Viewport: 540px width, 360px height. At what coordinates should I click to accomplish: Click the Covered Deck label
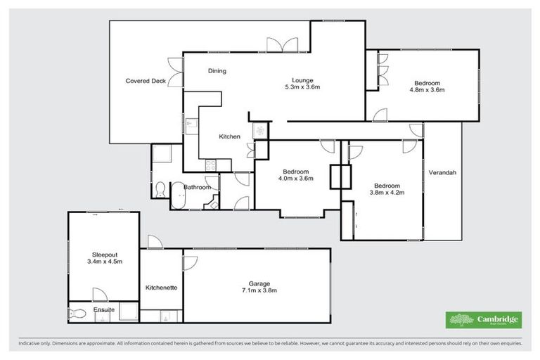pos(146,81)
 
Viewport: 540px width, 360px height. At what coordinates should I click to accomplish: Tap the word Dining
pos(217,71)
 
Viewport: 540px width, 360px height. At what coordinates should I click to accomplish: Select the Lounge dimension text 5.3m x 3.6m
pos(302,88)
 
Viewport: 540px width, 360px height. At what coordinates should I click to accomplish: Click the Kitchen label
pos(229,136)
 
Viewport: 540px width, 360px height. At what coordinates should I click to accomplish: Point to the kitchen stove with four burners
pos(209,165)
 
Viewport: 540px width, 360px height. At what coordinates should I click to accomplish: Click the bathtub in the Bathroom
pos(177,200)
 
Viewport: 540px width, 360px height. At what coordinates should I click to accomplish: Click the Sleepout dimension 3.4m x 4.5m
pos(103,262)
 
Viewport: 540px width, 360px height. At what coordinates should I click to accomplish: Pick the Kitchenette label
pos(161,288)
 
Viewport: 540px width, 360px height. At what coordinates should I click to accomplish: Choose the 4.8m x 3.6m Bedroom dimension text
pos(428,90)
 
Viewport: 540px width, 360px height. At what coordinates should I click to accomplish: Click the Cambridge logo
pos(484,320)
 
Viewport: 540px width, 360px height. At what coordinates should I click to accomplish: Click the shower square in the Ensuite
pos(128,313)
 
